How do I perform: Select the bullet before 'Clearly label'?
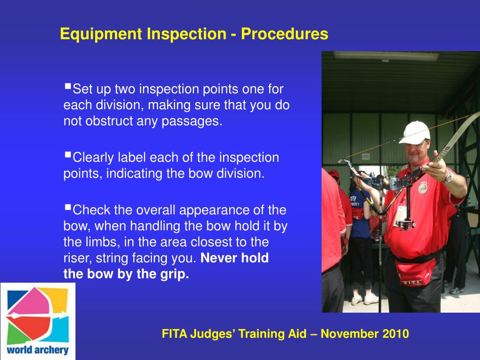(68, 154)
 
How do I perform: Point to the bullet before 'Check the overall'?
(68, 207)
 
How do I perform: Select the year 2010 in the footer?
(395, 334)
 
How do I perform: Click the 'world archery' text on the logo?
(38, 350)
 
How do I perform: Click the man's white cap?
(414, 132)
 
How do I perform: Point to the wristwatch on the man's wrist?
(448, 176)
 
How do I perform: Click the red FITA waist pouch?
(414, 272)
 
